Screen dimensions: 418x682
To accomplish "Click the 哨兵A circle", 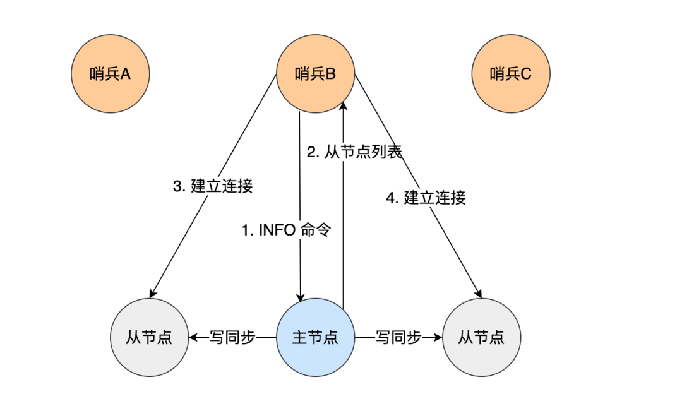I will [111, 75].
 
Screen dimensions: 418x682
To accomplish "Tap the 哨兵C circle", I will [511, 75].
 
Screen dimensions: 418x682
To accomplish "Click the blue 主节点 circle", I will [316, 337].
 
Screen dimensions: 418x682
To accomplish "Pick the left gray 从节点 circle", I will [150, 337].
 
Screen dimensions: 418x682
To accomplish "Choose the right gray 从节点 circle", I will [482, 337].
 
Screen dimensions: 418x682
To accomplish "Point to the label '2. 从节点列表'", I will [354, 152].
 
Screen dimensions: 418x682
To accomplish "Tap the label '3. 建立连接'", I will [213, 186].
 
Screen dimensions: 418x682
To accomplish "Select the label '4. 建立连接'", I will [426, 198].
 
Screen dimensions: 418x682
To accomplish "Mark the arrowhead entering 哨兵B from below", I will [343, 106].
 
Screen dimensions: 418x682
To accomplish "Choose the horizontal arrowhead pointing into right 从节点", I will [438, 337].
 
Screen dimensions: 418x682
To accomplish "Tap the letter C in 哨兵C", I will [527, 75].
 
